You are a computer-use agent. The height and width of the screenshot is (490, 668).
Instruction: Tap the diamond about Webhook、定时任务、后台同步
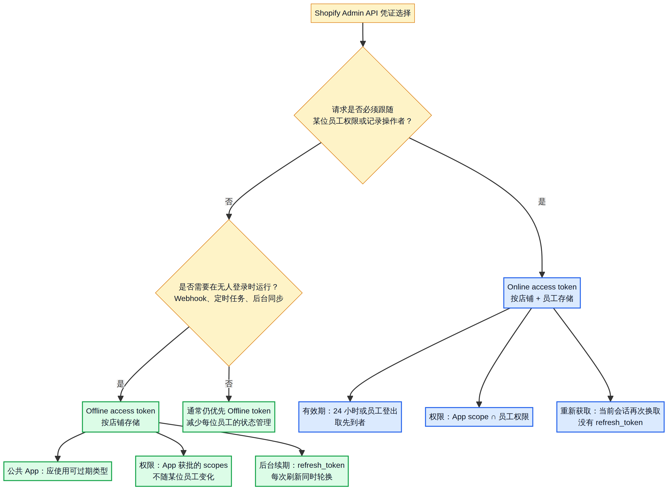229,293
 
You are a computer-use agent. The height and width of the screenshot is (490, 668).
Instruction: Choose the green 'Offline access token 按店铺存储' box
121,417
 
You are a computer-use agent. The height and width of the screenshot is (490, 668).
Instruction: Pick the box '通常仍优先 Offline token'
229,417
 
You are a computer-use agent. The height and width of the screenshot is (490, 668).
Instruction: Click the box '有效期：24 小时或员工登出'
350,417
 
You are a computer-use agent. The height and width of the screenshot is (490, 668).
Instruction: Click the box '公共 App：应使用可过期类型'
58,471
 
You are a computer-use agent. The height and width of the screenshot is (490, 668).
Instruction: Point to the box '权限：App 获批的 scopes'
183,471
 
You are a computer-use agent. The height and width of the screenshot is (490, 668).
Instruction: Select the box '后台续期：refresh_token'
302,471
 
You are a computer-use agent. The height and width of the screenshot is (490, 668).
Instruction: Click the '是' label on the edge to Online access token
542,202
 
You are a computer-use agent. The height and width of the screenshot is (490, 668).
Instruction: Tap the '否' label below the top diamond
229,202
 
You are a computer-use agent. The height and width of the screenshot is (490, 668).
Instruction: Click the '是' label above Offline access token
120,384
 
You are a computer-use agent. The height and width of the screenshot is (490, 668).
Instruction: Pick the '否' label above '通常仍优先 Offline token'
229,384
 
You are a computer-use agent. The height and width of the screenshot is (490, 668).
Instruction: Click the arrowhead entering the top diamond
363,44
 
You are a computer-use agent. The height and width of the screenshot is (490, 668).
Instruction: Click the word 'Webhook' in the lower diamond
190,298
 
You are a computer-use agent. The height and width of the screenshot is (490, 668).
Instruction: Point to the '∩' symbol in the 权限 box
493,417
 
